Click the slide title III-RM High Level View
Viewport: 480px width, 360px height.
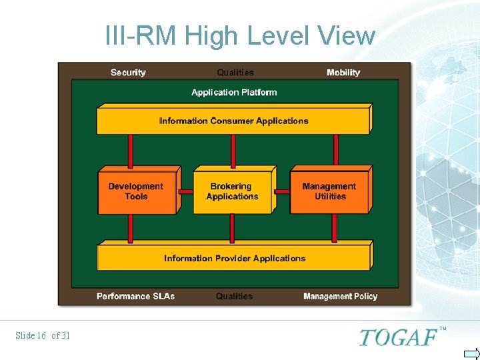click(240, 35)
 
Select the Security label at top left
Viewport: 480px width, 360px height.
click(128, 73)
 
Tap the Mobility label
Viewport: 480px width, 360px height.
click(343, 73)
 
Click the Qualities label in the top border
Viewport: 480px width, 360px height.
click(235, 73)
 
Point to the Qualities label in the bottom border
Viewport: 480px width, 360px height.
click(234, 296)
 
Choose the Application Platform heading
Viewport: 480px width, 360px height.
click(234, 93)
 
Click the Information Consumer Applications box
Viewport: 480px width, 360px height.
click(233, 121)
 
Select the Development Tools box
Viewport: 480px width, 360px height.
click(136, 192)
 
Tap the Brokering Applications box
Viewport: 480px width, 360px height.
click(232, 192)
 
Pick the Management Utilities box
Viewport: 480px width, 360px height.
click(329, 192)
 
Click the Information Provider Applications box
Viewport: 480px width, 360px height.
click(234, 259)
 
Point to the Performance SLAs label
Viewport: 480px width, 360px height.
click(135, 296)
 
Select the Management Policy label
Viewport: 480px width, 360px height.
click(340, 296)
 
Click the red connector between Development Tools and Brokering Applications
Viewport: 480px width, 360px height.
click(186, 191)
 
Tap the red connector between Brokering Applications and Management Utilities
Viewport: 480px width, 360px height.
click(282, 191)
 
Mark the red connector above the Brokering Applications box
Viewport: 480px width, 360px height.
click(233, 151)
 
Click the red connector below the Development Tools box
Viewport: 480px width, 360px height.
click(131, 228)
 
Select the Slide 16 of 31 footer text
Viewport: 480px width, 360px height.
click(43, 335)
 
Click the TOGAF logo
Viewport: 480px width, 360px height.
click(398, 337)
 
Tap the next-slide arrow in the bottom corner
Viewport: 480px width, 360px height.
click(471, 353)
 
